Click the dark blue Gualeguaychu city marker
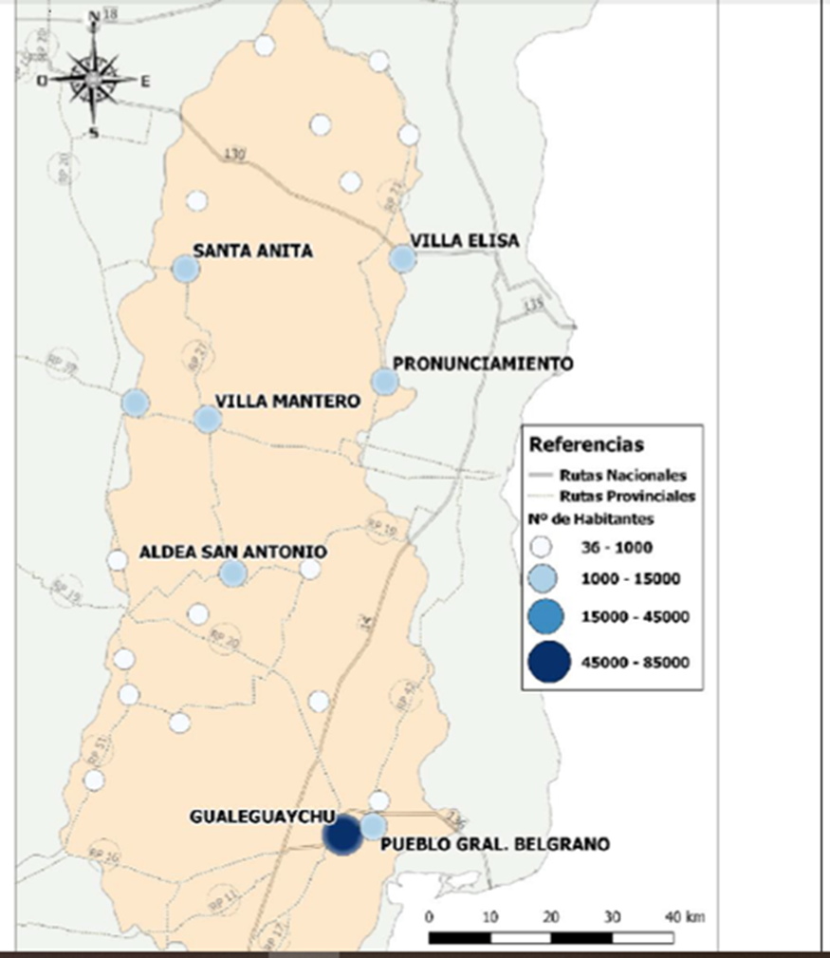[341, 836]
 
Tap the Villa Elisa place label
[465, 241]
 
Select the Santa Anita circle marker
[185, 269]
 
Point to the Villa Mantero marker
[208, 419]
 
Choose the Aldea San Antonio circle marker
[233, 573]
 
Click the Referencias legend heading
[586, 444]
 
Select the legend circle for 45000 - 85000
[544, 662]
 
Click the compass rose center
[93, 79]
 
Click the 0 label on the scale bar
[430, 917]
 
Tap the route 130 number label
[236, 154]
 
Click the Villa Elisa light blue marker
[402, 258]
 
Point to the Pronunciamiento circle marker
[384, 382]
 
